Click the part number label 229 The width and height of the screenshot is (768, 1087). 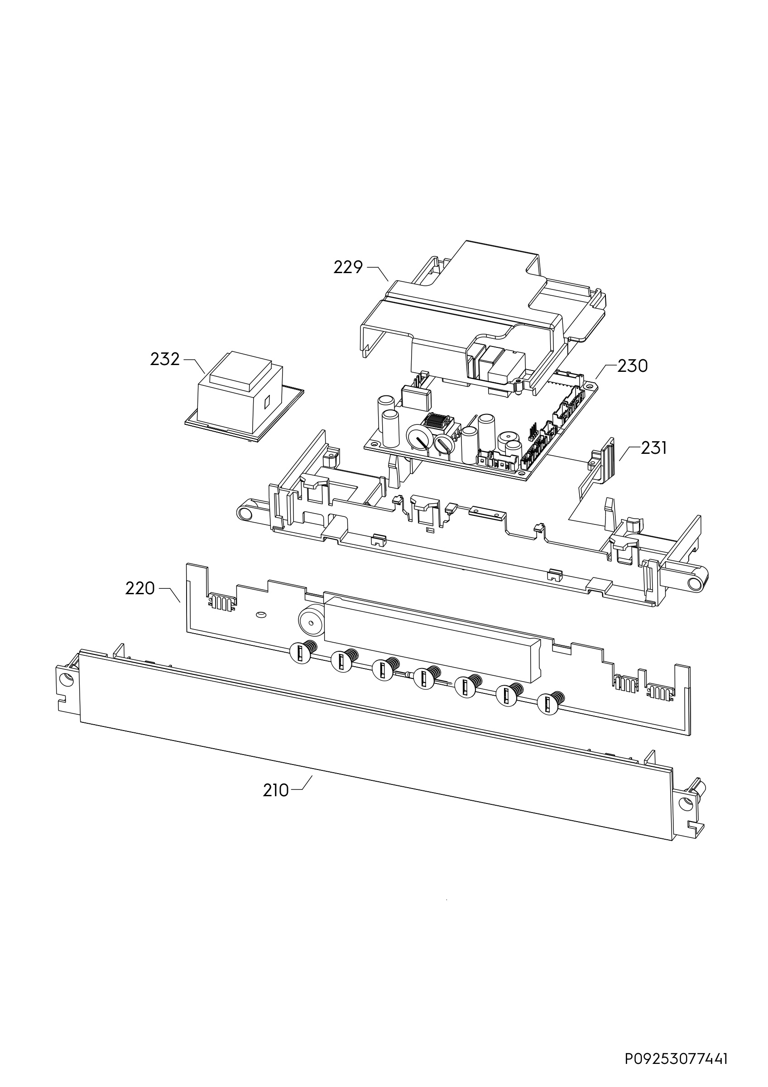coord(348,268)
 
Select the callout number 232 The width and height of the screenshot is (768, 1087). coord(165,359)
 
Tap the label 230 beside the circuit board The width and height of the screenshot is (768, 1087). coord(633,366)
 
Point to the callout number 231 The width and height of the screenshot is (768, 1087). coord(653,448)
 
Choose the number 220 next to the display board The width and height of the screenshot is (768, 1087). coord(140,588)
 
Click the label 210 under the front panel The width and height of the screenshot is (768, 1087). coord(276,790)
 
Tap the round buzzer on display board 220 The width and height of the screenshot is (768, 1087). coord(311,620)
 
